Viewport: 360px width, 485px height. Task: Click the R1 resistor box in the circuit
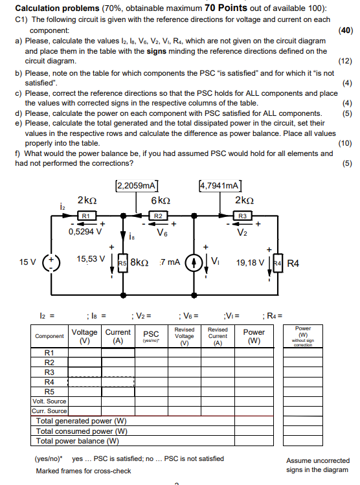click(87, 215)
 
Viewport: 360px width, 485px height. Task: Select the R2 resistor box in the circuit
click(158, 215)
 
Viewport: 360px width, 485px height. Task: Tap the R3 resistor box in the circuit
click(242, 215)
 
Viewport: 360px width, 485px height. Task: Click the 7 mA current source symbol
click(192, 264)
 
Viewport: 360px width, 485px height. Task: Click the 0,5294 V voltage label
click(85, 230)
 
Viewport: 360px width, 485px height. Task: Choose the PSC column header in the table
click(150, 333)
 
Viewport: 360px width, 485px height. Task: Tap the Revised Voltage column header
click(185, 336)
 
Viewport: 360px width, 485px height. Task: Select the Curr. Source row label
click(49, 410)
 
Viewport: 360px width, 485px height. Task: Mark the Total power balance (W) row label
click(78, 441)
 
